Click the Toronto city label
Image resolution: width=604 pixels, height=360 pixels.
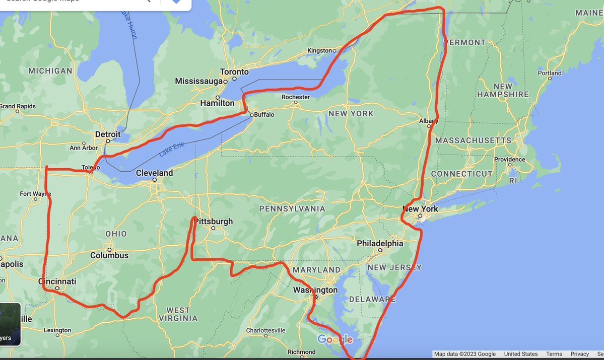click(x=234, y=72)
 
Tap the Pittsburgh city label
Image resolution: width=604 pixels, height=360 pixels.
click(x=215, y=222)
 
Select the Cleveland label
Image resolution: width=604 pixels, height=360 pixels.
click(x=154, y=173)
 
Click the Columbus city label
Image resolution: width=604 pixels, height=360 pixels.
click(x=109, y=255)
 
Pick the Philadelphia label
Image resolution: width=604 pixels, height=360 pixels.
click(x=380, y=243)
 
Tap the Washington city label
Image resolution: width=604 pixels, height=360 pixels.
click(x=316, y=290)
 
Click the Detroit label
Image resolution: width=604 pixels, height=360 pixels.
click(x=108, y=134)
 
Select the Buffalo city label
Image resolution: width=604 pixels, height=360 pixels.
click(x=264, y=115)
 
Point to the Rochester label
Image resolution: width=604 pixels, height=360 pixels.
click(x=296, y=97)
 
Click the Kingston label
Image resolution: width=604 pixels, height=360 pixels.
click(x=319, y=51)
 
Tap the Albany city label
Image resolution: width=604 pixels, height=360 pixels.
click(x=428, y=121)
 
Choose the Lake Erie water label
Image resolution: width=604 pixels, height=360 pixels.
click(x=172, y=149)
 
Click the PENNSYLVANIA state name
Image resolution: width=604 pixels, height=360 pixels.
click(x=292, y=208)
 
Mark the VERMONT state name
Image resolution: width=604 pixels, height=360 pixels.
click(x=465, y=43)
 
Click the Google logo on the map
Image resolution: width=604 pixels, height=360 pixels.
click(x=335, y=339)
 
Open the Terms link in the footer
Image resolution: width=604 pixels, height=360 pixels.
click(x=554, y=354)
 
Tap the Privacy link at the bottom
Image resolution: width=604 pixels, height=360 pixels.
click(x=580, y=354)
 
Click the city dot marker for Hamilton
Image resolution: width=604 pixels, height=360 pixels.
click(x=218, y=97)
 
